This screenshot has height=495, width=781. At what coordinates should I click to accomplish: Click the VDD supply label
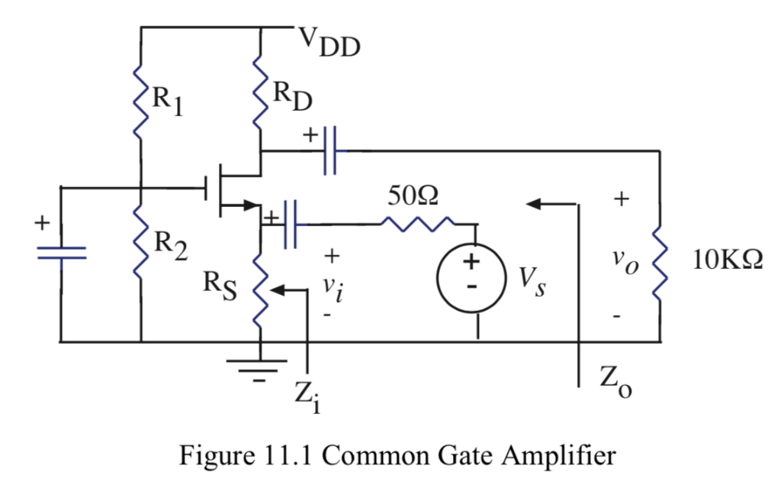click(329, 44)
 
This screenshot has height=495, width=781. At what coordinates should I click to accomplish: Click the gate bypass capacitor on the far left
click(61, 253)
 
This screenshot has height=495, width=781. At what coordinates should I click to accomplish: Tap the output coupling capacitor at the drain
click(330, 151)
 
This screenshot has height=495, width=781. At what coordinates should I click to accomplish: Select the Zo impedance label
click(614, 382)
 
